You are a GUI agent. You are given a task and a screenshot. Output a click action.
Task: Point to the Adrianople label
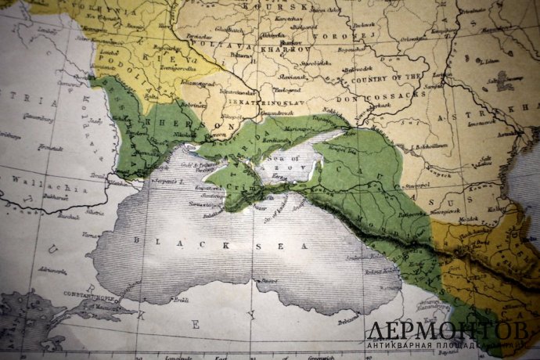click(47, 269)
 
